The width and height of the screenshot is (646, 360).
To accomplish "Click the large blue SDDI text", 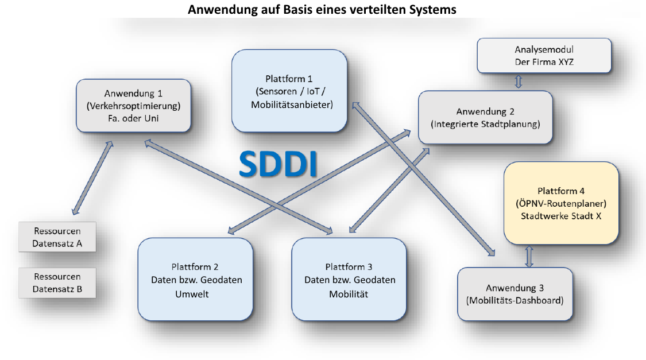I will (x=278, y=164).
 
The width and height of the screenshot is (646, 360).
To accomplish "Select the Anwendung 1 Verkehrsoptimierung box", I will (x=133, y=106).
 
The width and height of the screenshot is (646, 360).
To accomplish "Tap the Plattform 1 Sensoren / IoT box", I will (x=289, y=91).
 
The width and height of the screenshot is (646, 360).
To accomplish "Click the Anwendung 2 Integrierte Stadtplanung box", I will (x=485, y=117).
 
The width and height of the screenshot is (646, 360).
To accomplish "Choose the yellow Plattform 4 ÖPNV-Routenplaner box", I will (x=560, y=203).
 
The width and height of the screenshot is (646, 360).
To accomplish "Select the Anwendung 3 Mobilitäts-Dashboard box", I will (x=515, y=293).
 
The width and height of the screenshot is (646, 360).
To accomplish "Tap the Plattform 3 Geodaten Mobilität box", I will (x=350, y=280).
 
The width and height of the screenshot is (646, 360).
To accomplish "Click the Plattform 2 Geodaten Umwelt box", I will (x=196, y=280).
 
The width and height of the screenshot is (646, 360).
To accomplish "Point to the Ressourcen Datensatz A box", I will (x=57, y=237).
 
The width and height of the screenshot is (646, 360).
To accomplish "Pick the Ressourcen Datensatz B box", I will (x=57, y=282).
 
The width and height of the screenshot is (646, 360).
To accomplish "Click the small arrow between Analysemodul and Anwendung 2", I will (x=519, y=82).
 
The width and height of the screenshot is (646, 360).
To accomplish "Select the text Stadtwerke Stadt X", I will (x=560, y=216).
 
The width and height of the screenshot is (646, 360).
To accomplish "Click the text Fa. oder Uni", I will (x=133, y=118).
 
